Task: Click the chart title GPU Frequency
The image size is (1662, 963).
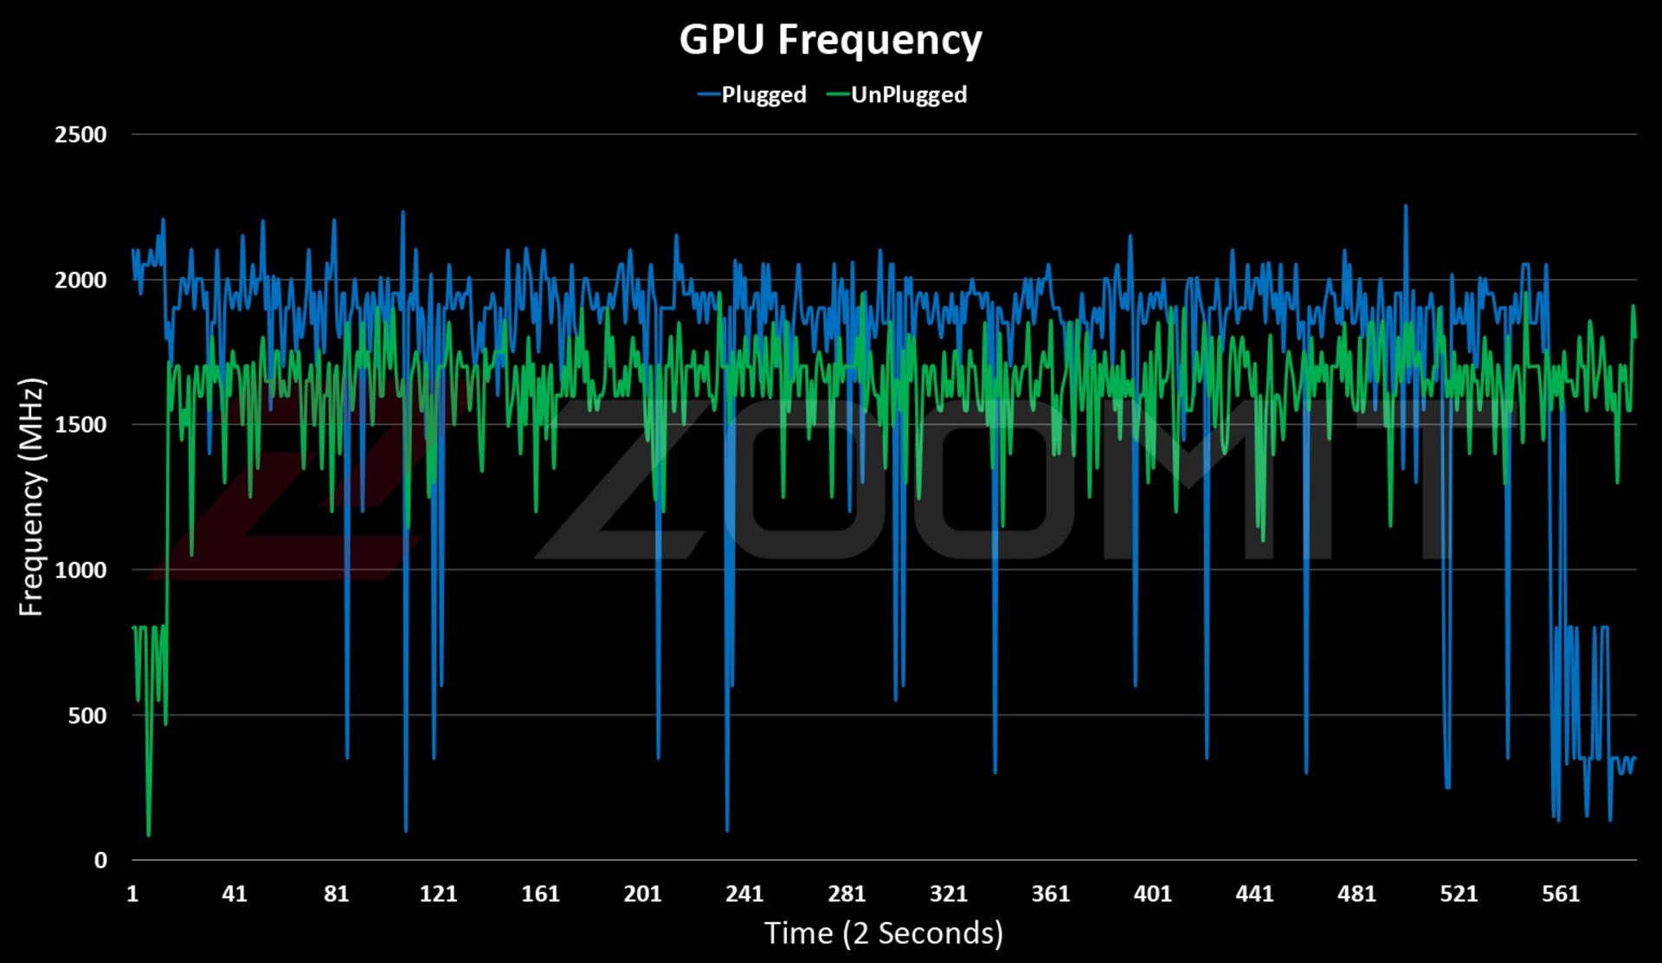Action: point(830,40)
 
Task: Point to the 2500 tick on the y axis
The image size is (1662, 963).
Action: point(81,134)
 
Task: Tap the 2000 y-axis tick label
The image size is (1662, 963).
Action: point(81,280)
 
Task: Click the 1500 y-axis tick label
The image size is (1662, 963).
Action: point(81,424)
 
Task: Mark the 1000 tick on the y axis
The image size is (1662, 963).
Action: point(81,570)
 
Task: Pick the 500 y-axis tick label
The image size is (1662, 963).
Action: point(87,715)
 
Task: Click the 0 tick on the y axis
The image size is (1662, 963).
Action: point(100,860)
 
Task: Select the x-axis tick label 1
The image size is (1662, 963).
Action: point(132,894)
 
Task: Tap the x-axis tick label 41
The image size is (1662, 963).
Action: point(234,894)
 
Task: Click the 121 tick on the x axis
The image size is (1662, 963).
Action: point(438,894)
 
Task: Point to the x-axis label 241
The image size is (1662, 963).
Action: point(744,894)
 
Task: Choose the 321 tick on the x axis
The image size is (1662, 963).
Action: point(949,894)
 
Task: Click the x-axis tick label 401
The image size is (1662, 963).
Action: point(1153,894)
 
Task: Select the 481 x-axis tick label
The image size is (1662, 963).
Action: point(1356,894)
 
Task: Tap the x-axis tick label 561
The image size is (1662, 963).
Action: point(1561,894)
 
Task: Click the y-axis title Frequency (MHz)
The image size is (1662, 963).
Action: point(31,497)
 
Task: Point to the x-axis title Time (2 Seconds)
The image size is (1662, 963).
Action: point(884,933)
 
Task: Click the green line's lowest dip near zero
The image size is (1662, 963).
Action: point(149,835)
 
